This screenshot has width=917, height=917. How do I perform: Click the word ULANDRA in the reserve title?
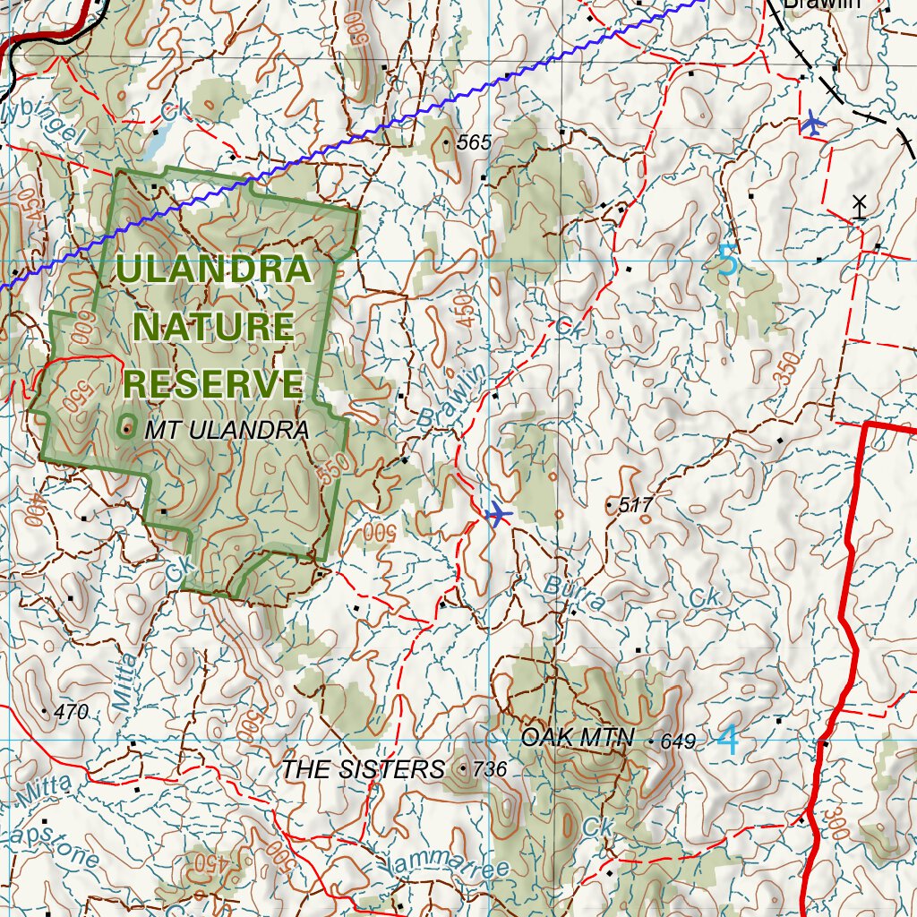click(x=213, y=270)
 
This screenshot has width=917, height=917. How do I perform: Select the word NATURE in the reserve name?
click(x=213, y=327)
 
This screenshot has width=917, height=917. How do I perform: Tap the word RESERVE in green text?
click(x=213, y=383)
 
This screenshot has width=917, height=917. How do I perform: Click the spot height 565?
click(x=475, y=142)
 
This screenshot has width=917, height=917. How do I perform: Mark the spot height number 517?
click(x=635, y=506)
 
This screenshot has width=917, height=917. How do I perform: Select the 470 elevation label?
click(x=71, y=713)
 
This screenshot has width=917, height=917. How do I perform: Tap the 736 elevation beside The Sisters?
click(x=489, y=769)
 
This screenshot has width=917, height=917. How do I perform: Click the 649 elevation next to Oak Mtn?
click(x=677, y=741)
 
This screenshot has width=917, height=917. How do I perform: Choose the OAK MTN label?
click(x=578, y=738)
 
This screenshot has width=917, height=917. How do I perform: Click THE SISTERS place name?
click(x=363, y=769)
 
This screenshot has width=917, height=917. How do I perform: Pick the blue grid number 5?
click(x=728, y=261)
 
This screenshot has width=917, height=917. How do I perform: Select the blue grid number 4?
click(x=729, y=741)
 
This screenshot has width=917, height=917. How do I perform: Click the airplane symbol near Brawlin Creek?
click(x=497, y=514)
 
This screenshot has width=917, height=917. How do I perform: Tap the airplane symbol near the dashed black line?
click(x=813, y=122)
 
